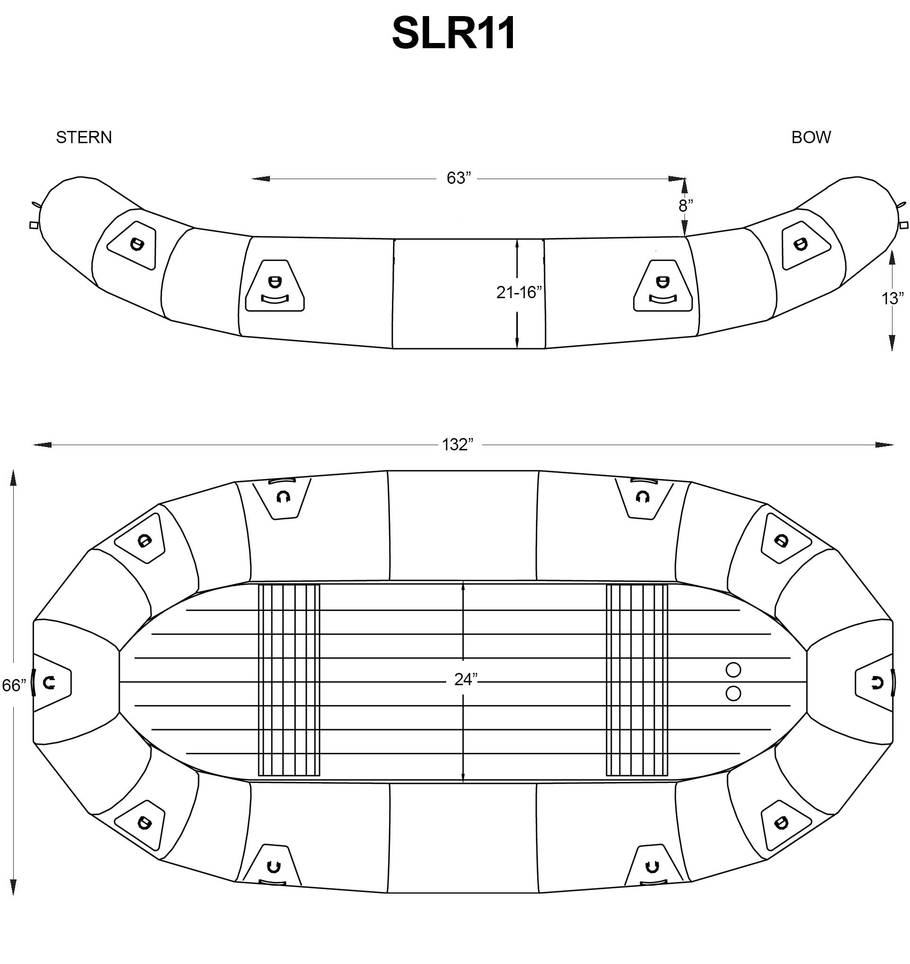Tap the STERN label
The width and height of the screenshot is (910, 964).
pyautogui.click(x=84, y=138)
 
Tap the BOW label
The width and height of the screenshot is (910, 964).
pyautogui.click(x=811, y=138)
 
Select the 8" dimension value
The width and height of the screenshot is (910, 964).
pyautogui.click(x=686, y=206)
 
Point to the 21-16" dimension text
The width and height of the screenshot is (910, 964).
pyautogui.click(x=519, y=293)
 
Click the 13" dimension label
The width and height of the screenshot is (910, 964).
pyautogui.click(x=893, y=299)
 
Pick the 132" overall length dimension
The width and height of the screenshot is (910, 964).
pyautogui.click(x=458, y=445)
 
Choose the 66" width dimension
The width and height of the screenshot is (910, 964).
pyautogui.click(x=14, y=685)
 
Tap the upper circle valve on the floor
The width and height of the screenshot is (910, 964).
pyautogui.click(x=733, y=670)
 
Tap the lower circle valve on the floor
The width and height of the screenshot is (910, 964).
pyautogui.click(x=733, y=694)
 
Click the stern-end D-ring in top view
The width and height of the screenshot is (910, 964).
pyautogui.click(x=49, y=683)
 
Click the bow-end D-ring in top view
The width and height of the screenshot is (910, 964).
pyautogui.click(x=877, y=683)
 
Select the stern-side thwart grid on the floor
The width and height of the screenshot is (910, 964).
pyautogui.click(x=289, y=680)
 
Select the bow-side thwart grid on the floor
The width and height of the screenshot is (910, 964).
pyautogui.click(x=637, y=680)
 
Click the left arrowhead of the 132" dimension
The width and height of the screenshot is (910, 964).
pyautogui.click(x=42, y=445)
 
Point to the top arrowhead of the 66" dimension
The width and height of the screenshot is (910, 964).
pyautogui.click(x=14, y=477)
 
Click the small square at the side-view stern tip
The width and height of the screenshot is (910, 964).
pyautogui.click(x=34, y=225)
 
